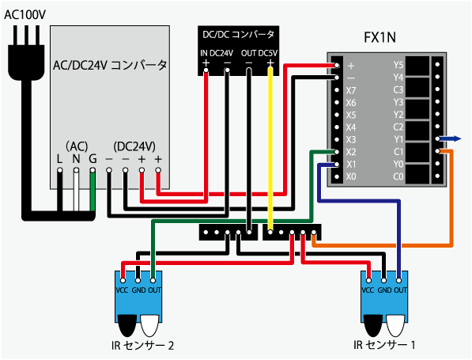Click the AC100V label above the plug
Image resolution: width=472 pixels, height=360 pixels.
[25, 15]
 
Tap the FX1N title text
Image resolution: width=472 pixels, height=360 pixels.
[379, 38]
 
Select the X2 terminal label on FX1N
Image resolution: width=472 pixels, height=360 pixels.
[351, 152]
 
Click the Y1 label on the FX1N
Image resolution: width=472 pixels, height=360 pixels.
[398, 139]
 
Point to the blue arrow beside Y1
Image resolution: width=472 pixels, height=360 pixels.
[450, 139]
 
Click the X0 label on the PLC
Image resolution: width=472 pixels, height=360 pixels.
[351, 176]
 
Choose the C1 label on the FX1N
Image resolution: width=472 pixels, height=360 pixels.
[398, 152]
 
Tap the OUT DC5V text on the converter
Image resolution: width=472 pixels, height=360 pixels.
[259, 53]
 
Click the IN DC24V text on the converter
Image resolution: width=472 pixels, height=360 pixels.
[217, 53]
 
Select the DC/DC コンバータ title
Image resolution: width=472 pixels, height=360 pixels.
[239, 35]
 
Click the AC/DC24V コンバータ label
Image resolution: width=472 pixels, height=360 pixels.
[110, 65]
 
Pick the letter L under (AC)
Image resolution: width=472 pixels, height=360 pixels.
[59, 159]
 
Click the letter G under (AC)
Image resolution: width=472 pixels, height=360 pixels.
[93, 159]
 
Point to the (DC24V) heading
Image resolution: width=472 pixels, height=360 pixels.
[134, 146]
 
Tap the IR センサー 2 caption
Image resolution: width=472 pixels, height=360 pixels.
[142, 345]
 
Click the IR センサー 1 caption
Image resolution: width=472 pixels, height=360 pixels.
[385, 345]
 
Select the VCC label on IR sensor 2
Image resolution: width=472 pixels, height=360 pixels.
[123, 290]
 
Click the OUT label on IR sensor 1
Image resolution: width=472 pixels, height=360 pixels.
[400, 290]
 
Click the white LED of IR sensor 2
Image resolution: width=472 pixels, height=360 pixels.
[149, 326]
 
